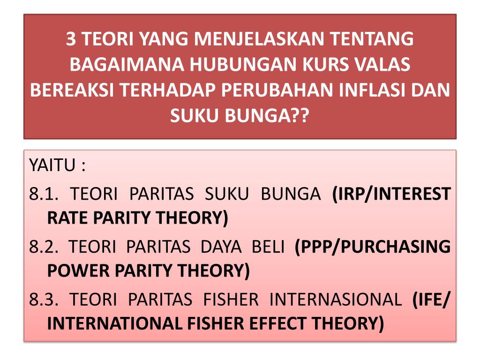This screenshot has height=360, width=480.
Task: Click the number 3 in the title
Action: (x=71, y=39)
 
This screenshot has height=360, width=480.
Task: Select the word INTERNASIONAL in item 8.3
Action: (x=335, y=299)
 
